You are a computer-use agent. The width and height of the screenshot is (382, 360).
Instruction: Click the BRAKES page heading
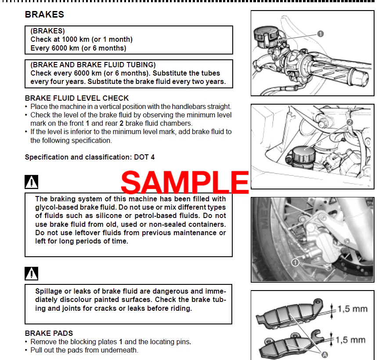pos(44,15)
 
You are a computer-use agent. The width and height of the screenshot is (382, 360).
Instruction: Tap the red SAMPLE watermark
pos(185,182)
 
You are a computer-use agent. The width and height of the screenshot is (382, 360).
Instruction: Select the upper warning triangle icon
pos(32,182)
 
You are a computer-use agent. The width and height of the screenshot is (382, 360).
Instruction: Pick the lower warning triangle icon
pos(32,273)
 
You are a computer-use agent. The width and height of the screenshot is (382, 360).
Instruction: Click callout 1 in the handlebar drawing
pos(321,34)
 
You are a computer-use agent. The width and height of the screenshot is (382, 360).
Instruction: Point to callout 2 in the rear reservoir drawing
pos(350,122)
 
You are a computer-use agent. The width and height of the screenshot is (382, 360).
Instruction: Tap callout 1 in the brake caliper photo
pos(295,263)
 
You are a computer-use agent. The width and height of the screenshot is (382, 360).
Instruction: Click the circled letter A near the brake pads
pos(325,355)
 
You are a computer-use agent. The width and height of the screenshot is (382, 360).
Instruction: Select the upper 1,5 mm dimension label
pos(353,309)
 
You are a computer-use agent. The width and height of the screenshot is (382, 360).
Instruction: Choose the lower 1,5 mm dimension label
pos(350,340)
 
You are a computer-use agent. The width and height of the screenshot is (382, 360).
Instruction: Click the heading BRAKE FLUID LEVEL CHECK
pos(77,98)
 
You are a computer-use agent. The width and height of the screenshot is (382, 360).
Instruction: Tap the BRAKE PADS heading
pos(49,333)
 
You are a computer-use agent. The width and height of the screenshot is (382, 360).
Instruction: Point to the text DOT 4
pos(144,157)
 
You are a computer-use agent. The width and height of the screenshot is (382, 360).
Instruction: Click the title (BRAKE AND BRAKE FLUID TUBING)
pos(93,65)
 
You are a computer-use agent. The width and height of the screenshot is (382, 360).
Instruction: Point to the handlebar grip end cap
pos(360,78)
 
